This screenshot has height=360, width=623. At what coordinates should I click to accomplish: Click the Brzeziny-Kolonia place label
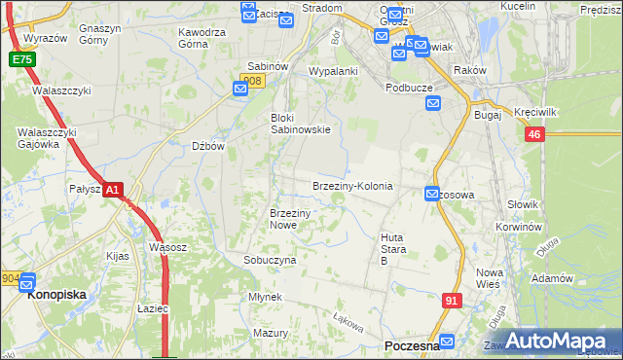click(x=352, y=186)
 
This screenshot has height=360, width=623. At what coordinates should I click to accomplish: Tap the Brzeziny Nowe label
click(x=289, y=219)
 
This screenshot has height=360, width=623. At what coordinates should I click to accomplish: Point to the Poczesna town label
click(x=413, y=346)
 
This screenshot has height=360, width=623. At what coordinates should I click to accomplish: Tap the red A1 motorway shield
click(x=113, y=191)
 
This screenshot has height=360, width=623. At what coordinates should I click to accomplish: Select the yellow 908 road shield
click(x=252, y=81)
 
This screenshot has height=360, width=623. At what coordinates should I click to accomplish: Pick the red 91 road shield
click(x=451, y=301)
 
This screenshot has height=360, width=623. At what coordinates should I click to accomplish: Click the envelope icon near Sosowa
click(x=432, y=195)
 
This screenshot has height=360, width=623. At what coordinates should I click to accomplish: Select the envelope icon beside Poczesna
click(x=447, y=342)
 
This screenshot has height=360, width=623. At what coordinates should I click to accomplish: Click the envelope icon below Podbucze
click(x=433, y=103)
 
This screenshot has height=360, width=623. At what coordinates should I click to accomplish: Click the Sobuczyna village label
click(x=270, y=261)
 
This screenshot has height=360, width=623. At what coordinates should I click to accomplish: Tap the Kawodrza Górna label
click(x=202, y=38)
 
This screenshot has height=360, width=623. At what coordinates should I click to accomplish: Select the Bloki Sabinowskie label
click(x=300, y=123)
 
